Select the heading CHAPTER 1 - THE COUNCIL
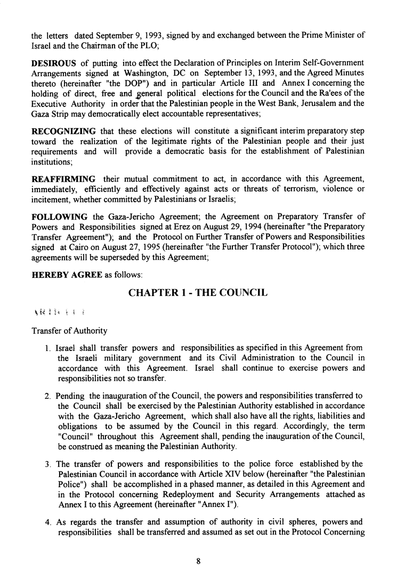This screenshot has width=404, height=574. click(198, 293)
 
